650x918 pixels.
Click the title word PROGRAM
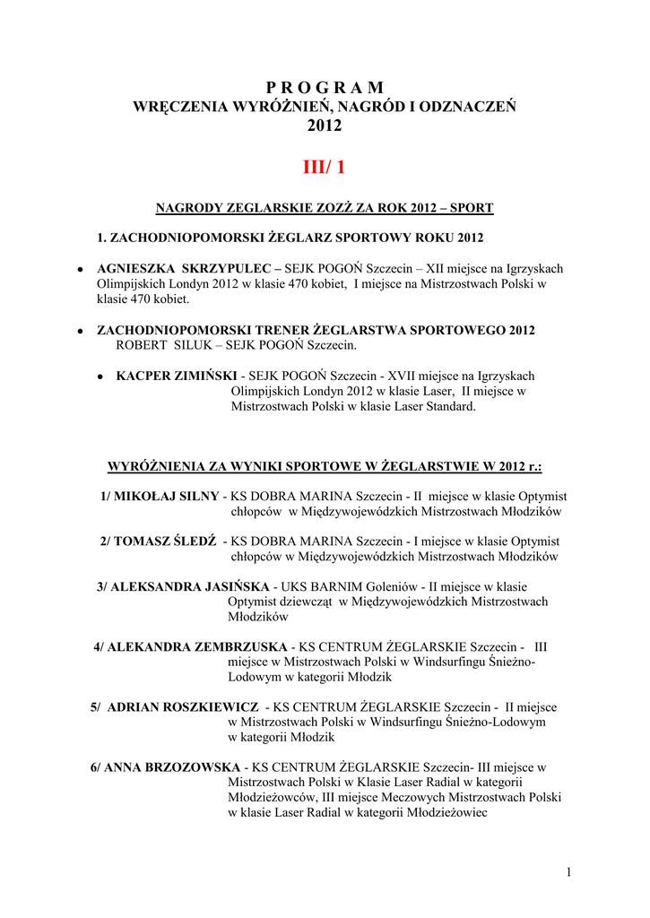325,87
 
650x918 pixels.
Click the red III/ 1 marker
325,168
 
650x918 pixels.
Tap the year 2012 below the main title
325,126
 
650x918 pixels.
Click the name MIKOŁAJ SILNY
167,496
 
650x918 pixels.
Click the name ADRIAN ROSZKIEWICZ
183,706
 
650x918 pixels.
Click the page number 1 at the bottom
570,872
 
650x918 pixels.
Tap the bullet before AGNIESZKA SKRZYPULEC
81,269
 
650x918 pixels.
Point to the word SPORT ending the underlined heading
473,208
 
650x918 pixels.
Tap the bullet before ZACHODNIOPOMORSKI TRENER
81,331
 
